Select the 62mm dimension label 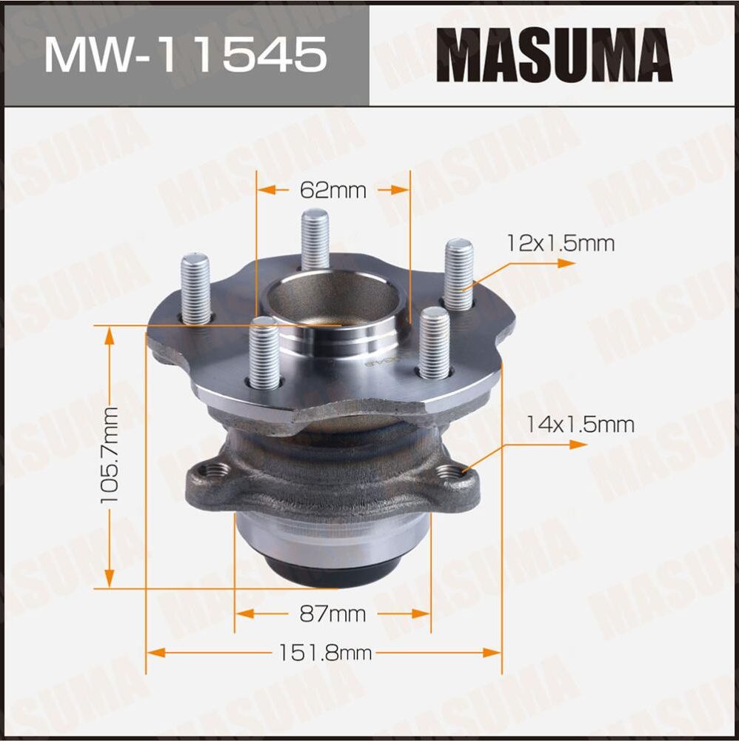(333, 190)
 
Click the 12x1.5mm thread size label (560, 243)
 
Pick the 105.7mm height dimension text (110, 455)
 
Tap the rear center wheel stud (315, 239)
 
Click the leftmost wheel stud (195, 289)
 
